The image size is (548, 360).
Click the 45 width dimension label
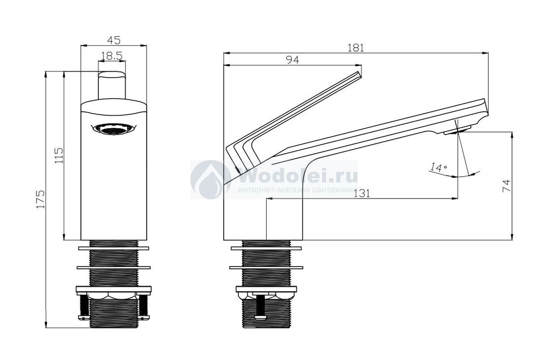[114, 40]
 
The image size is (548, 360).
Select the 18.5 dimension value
[111, 56]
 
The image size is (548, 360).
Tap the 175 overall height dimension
[41, 199]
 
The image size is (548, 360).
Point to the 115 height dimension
[59, 156]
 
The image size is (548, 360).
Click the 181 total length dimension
[356, 47]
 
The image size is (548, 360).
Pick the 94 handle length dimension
[293, 60]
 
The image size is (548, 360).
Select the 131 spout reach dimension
[362, 193]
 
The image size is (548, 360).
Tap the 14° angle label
[439, 167]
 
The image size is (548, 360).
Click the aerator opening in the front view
[114, 129]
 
